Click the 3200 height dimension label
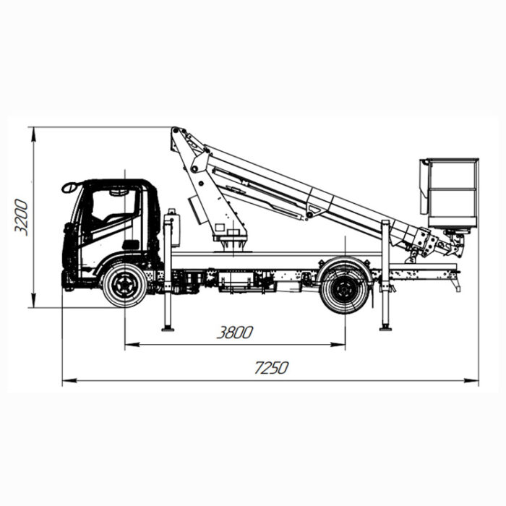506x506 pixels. (22, 217)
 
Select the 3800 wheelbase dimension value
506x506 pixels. (235, 333)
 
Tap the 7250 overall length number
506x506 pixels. (271, 368)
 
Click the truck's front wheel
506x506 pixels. (124, 285)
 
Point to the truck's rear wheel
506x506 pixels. (344, 289)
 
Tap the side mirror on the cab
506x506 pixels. (69, 187)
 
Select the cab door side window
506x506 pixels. (114, 206)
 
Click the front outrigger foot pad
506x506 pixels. (168, 328)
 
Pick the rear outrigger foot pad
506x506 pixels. (385, 328)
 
